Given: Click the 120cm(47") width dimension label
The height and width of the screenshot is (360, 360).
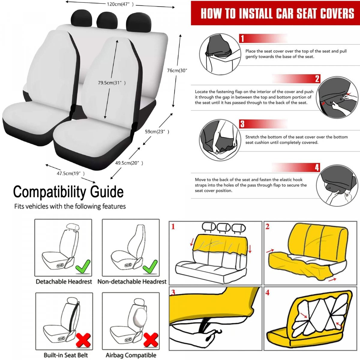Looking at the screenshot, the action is tap(120, 4).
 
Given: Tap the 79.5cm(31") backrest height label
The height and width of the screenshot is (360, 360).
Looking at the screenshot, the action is tap(112, 82).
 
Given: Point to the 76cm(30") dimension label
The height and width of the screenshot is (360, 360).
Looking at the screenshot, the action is tap(177, 70).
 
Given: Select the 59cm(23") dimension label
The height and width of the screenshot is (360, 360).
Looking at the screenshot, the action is tap(157, 132).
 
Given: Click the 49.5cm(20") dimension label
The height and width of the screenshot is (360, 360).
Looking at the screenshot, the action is tap(129, 163).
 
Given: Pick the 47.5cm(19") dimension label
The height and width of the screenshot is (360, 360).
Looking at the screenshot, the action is tap(70, 173).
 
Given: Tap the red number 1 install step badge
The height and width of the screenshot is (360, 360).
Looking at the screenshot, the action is tap(242, 38).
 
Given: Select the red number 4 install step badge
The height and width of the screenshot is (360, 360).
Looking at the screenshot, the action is tap(317, 167).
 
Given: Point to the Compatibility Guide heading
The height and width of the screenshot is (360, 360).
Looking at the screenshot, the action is tap(68, 192).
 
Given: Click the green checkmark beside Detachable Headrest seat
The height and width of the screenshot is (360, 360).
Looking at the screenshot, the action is tap(83, 267).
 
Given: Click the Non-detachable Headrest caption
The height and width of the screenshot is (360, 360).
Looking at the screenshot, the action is tap(132, 281).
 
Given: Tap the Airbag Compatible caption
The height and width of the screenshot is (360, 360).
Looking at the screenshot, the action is tap(131, 355).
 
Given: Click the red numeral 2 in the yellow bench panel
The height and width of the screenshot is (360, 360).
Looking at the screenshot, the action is tap(268, 226).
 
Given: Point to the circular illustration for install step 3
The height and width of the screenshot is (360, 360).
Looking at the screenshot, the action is tap(220, 140).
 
